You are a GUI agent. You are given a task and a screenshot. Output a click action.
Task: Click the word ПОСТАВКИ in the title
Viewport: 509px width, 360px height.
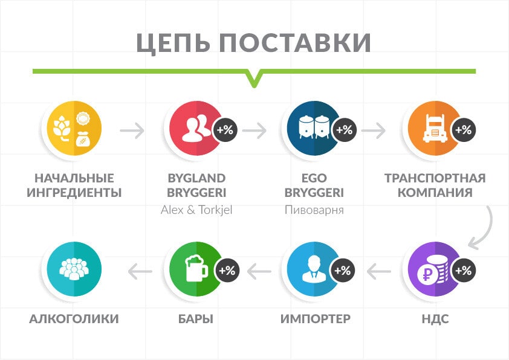click(295, 42)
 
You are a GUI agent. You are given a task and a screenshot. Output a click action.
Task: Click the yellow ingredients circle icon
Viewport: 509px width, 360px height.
click(74, 129)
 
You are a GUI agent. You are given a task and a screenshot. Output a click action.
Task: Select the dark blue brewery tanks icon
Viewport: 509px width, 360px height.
click(314, 129)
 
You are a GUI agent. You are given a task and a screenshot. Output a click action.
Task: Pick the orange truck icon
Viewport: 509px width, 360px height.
click(435, 129)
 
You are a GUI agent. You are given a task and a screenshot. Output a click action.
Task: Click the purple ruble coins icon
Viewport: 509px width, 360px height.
click(435, 269)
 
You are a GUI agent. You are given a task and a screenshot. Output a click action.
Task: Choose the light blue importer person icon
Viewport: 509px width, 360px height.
click(314, 269)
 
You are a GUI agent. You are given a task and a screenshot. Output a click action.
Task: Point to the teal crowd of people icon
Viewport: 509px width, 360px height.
click(74, 269)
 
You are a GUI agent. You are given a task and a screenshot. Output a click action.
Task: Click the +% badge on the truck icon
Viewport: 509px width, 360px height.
click(464, 130)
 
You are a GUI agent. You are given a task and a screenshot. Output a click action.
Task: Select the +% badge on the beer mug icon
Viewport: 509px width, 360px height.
click(227, 271)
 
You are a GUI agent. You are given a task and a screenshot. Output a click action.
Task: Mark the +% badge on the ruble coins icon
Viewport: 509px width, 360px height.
click(464, 271)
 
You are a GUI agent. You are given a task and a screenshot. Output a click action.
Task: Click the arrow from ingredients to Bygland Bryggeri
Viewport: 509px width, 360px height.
click(132, 130)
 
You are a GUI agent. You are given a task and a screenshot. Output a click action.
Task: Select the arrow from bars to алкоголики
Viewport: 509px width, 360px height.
click(140, 271)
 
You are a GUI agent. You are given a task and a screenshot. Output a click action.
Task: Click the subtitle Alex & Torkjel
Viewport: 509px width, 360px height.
click(196, 210)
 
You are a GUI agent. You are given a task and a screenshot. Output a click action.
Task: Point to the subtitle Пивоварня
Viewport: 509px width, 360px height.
click(314, 210)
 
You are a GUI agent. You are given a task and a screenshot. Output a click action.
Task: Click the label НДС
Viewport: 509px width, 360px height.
click(435, 319)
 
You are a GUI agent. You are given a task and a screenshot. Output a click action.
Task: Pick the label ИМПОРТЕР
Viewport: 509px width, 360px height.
click(315, 319)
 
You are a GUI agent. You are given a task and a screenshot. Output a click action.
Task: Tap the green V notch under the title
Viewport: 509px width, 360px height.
click(254, 79)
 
